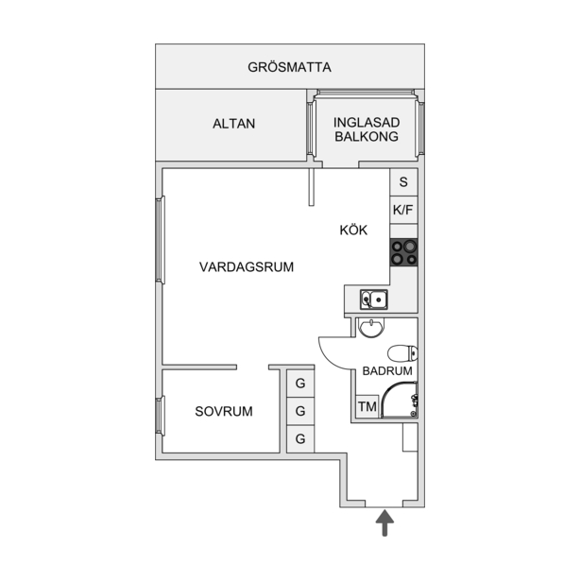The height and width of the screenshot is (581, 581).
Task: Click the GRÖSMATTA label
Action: [x=289, y=67]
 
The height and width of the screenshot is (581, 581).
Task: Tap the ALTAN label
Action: [x=233, y=124]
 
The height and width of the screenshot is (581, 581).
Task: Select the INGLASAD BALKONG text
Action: [x=367, y=129]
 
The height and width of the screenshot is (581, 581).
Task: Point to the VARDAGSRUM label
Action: [x=247, y=266]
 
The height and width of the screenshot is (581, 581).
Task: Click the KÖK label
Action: [x=353, y=230]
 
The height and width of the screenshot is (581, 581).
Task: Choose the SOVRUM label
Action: [x=224, y=411]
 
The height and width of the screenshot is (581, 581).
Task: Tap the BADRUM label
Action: [x=387, y=371]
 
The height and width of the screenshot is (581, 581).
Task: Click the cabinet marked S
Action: [x=403, y=182]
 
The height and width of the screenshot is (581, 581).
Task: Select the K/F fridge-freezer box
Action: [x=403, y=210]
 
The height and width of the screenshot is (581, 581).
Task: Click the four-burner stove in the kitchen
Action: [x=404, y=252]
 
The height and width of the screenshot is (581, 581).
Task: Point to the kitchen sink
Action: [x=374, y=299]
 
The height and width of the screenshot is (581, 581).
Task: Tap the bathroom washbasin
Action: [x=370, y=328]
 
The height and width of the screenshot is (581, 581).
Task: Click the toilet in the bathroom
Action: [x=402, y=353]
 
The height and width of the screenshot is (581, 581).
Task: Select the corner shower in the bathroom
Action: [x=400, y=400]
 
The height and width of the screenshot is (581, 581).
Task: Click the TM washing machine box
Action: [x=367, y=407]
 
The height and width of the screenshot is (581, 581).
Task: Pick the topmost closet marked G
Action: [x=300, y=384]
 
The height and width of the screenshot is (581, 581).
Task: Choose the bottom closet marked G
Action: [x=300, y=439]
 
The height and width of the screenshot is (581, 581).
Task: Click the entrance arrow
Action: [x=385, y=522]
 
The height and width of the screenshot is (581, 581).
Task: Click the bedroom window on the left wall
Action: [x=160, y=416]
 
